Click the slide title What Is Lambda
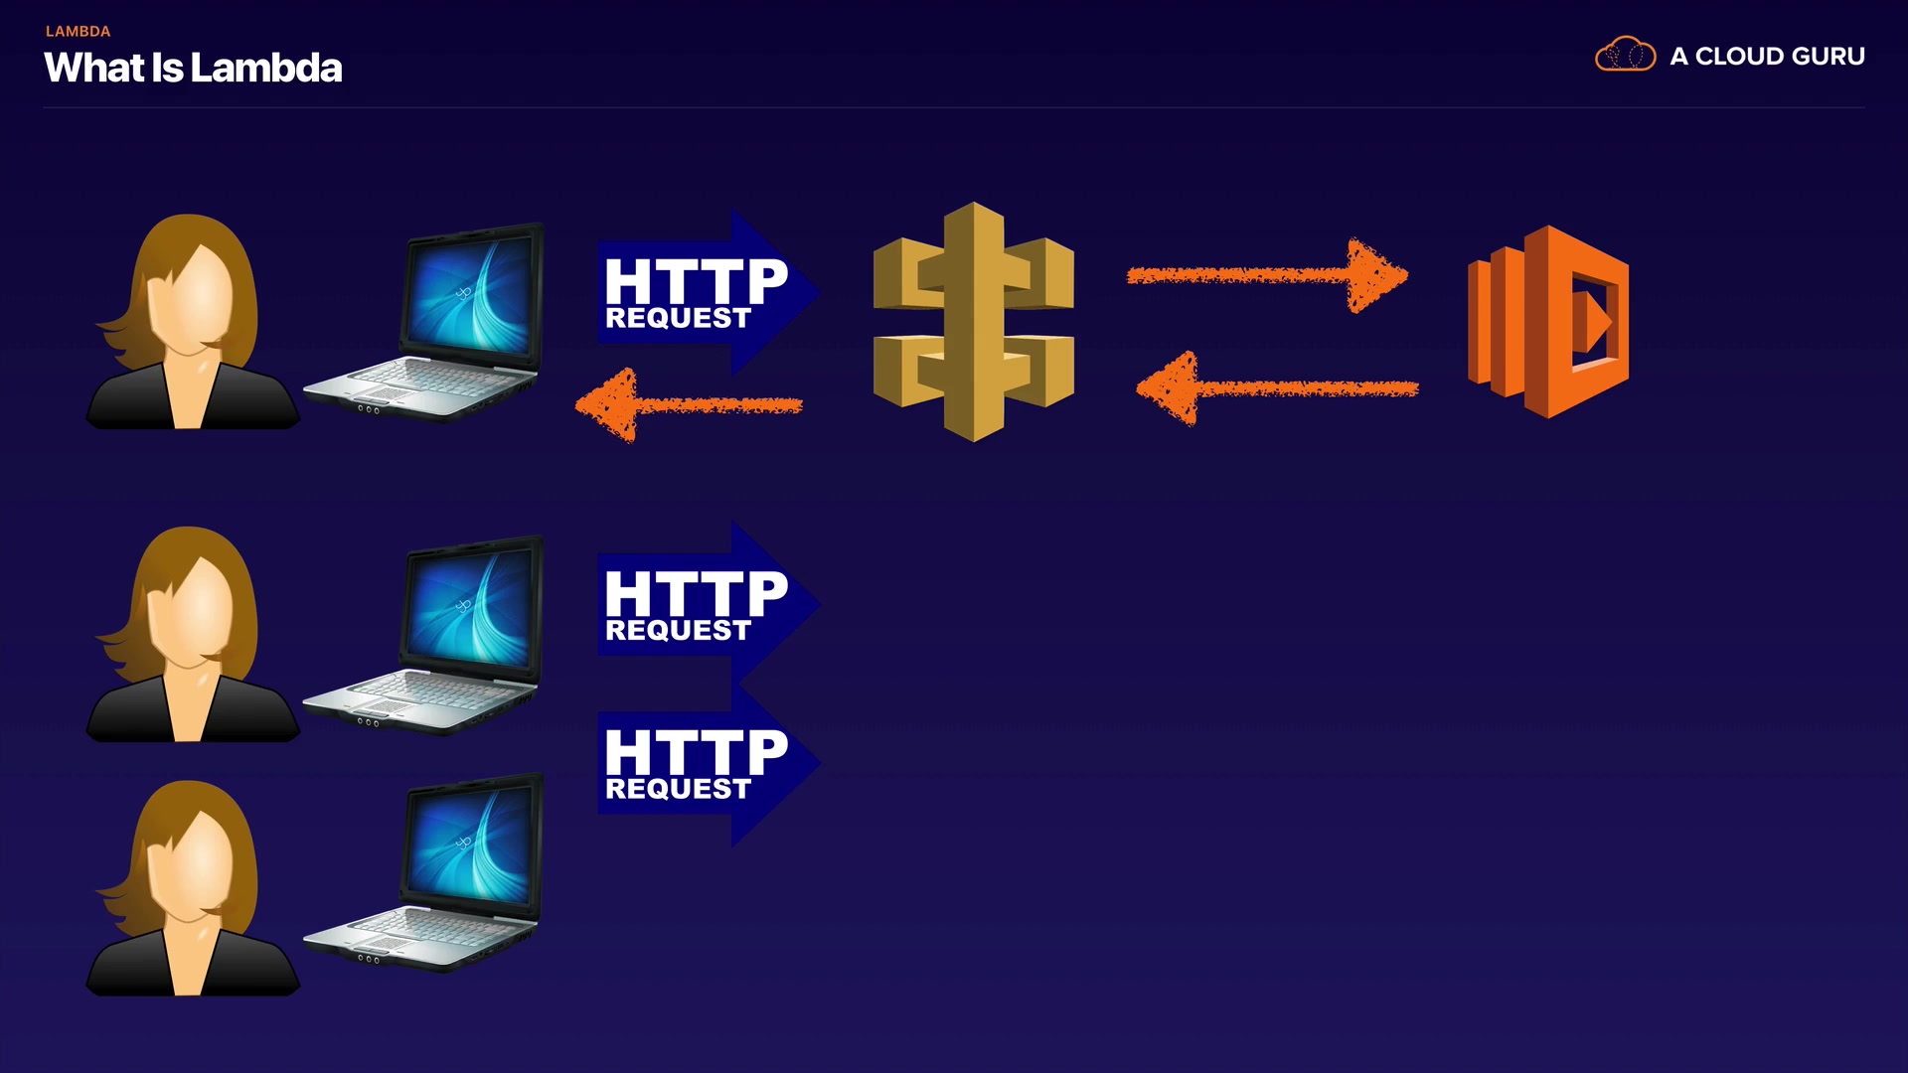(193, 68)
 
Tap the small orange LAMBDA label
(78, 31)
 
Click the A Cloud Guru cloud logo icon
(1625, 55)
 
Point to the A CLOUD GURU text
(1767, 57)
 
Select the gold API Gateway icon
(973, 321)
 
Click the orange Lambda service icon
(1547, 321)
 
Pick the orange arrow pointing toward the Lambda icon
(1267, 275)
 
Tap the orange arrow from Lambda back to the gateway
(1277, 388)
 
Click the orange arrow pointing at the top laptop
(689, 405)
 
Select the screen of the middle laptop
(469, 607)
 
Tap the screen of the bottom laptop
(469, 845)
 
